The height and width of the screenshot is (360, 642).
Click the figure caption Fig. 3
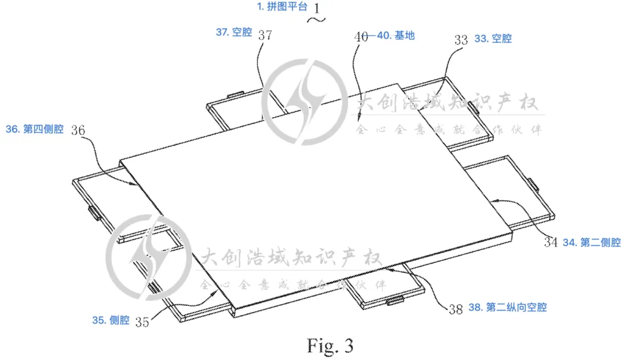pyautogui.click(x=330, y=345)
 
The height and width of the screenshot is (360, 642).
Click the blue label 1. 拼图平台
pyautogui.click(x=282, y=7)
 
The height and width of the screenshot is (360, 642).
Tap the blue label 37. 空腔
pyautogui.click(x=234, y=33)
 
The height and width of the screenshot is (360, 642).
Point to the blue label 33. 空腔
pyautogui.click(x=493, y=39)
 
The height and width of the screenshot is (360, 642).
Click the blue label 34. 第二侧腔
pyautogui.click(x=591, y=242)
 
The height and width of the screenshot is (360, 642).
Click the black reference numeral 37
pyautogui.click(x=265, y=35)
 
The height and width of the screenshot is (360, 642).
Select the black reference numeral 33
pyautogui.click(x=461, y=40)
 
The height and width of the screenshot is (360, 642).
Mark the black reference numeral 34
pyautogui.click(x=550, y=242)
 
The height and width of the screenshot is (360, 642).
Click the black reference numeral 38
pyautogui.click(x=455, y=309)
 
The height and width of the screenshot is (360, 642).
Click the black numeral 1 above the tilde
pyautogui.click(x=316, y=8)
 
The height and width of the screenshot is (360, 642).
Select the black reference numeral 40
pyautogui.click(x=361, y=36)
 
